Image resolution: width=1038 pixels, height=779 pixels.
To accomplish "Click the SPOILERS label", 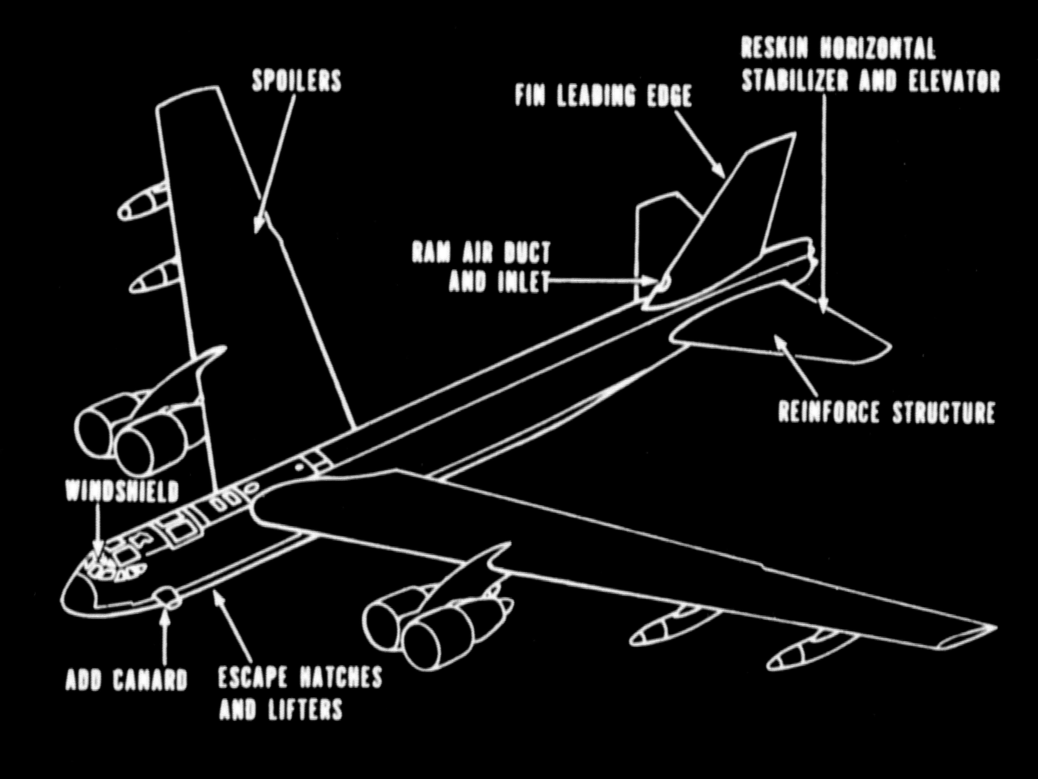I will coord(296,81).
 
